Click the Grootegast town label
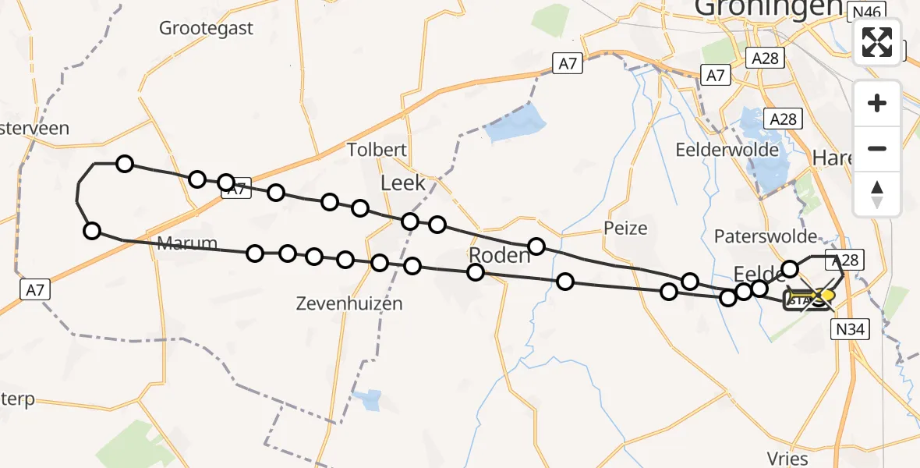coord(206,29)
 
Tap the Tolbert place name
coord(378,151)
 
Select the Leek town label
coord(402,183)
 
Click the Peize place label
coord(625,229)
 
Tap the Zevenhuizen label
coord(349,304)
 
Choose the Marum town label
coord(187,243)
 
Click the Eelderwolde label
coord(727,150)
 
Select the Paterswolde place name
coord(766,236)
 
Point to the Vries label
coord(787,458)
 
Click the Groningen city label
coord(768,8)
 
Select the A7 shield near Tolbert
coord(568,64)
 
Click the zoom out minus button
coord(877,148)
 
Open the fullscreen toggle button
coord(877,42)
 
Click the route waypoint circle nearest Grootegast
coord(125,164)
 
